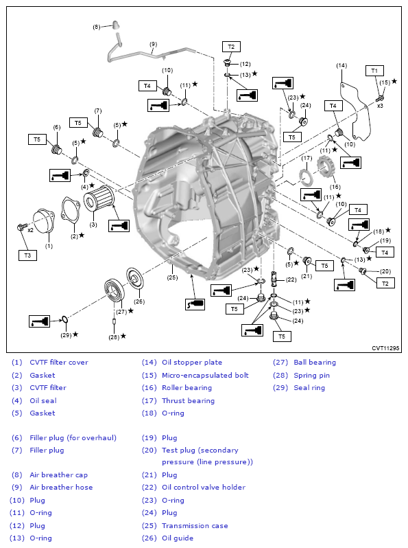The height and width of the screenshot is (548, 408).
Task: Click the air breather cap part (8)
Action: click(115, 25)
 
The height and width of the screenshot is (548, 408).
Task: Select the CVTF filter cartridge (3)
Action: click(99, 198)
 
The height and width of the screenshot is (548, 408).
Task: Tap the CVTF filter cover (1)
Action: click(44, 220)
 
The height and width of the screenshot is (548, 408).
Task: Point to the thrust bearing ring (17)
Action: click(306, 177)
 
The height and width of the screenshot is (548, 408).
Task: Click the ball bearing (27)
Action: click(115, 289)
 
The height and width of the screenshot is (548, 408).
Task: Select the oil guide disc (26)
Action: click(135, 279)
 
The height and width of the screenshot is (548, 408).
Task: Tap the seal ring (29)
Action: click(64, 319)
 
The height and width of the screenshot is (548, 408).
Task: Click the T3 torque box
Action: click(27, 255)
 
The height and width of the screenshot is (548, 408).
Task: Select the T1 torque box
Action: click(374, 71)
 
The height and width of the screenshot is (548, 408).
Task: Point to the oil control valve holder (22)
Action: click(274, 279)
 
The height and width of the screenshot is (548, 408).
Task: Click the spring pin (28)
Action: click(114, 321)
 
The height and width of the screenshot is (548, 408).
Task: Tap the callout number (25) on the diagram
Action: click(172, 277)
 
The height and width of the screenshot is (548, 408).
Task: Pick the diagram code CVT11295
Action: click(385, 348)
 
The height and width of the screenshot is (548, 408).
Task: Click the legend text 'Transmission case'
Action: click(195, 525)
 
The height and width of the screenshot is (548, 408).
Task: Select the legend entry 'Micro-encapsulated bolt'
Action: click(205, 376)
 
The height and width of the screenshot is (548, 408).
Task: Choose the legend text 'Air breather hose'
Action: click(61, 487)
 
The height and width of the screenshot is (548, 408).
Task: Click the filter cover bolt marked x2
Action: click(21, 227)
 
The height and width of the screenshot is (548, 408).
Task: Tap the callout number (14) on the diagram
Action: click(341, 65)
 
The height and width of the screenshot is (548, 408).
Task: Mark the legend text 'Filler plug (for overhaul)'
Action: click(73, 438)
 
